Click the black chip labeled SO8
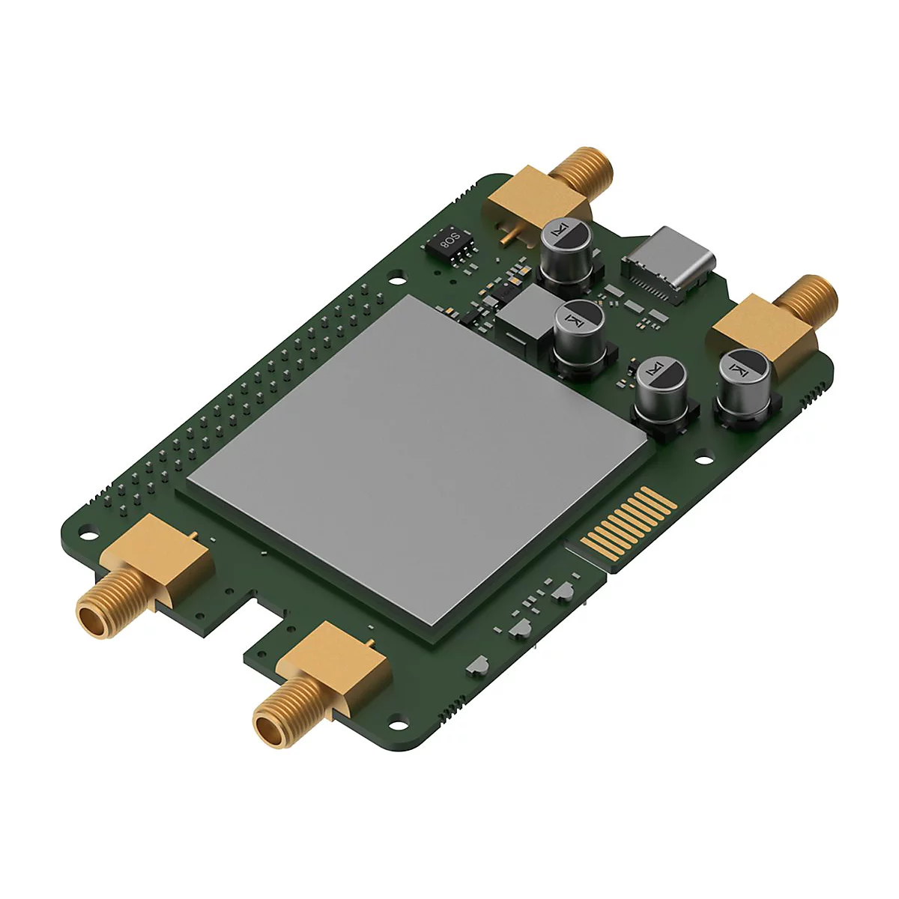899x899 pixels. (449, 243)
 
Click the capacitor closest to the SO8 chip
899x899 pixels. (566, 253)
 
